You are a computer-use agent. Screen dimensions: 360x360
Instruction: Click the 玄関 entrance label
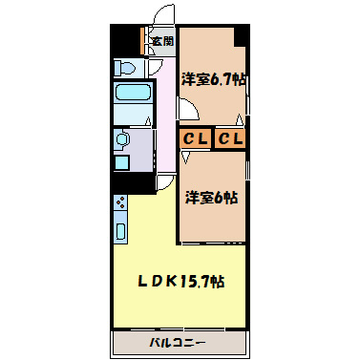point(162,41)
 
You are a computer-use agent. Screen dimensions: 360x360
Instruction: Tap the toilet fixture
point(124,68)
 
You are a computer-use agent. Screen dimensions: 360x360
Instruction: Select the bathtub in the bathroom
point(131,96)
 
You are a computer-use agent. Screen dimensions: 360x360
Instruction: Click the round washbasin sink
point(121,140)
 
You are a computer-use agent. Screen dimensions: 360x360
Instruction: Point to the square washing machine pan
point(121,161)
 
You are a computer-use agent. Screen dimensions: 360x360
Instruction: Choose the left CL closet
point(195,139)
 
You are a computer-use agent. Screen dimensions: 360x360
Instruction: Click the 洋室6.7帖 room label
point(214,80)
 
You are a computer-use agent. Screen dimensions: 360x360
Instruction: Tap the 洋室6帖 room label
point(211,199)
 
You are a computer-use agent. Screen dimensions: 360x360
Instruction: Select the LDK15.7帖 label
point(180,283)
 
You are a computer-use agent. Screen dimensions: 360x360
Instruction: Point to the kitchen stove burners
point(121,203)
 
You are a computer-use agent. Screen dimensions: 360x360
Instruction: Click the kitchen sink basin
point(121,230)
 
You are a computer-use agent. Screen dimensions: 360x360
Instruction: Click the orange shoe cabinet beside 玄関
point(144,41)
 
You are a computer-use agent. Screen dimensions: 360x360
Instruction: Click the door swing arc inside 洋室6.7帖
point(190,105)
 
